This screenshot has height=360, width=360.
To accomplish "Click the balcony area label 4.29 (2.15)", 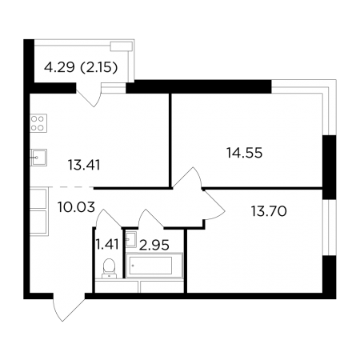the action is (x=81, y=67).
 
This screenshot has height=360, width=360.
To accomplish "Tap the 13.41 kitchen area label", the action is (x=84, y=165).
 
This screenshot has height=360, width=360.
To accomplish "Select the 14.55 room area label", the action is (x=245, y=153).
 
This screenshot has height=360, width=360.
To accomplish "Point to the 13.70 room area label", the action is (x=269, y=211).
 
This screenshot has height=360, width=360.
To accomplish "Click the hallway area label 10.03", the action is (x=76, y=207).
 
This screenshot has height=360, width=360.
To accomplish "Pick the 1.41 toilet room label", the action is (x=107, y=244).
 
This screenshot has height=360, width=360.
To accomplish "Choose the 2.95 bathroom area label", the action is (x=154, y=245).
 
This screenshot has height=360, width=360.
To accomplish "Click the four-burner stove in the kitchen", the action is (x=38, y=123).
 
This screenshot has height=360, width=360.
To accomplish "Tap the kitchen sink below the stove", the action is (x=38, y=158).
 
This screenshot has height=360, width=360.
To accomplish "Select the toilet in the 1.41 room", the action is (x=109, y=268).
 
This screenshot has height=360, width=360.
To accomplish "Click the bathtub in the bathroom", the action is (x=154, y=266).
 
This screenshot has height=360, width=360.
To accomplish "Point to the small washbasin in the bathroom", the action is (x=131, y=238).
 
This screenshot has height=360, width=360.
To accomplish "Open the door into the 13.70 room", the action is (x=214, y=205).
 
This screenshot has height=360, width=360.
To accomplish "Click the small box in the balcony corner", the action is (x=122, y=46).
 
